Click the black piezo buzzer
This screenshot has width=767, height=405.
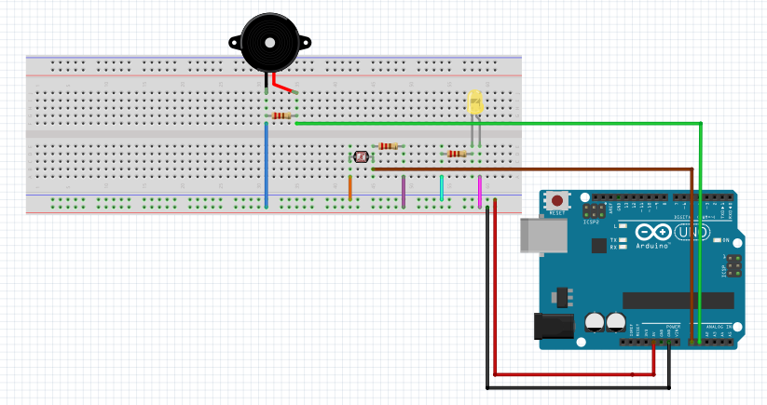coord(268,42)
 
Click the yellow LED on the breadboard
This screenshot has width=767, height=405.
coord(474,101)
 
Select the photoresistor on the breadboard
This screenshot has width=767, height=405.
coord(361,158)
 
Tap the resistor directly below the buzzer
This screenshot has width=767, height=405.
coord(281,115)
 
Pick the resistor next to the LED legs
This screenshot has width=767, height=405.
coord(456,154)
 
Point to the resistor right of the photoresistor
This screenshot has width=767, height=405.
coord(389,146)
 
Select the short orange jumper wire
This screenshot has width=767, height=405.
coord(350,187)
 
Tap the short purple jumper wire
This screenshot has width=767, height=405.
coord(404,191)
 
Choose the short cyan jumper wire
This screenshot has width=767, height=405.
coord(441,187)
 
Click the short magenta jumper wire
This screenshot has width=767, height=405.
coord(480,193)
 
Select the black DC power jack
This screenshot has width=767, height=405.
coord(549,324)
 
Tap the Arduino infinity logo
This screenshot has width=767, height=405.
coord(653,233)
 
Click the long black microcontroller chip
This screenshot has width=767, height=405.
coord(679,300)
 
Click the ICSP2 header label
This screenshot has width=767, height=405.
coord(591,222)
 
